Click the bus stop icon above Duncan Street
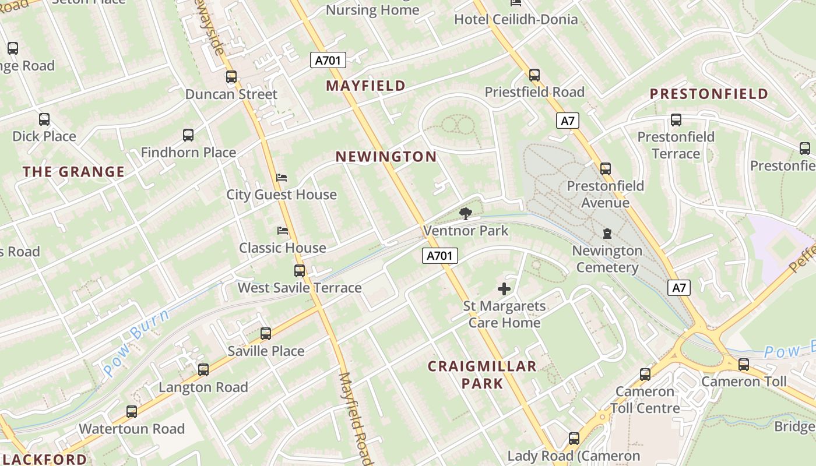click(231, 77)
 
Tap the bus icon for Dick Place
click(44, 119)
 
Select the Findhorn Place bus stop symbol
click(188, 135)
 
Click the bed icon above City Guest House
click(282, 177)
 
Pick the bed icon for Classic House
click(283, 231)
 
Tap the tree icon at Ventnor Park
click(465, 214)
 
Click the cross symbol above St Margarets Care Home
click(504, 288)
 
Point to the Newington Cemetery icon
click(607, 234)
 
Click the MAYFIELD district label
click(365, 86)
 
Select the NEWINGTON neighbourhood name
click(386, 157)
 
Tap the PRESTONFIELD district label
click(709, 94)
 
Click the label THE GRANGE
click(73, 172)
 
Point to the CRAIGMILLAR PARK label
click(482, 374)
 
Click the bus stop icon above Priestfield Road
click(534, 75)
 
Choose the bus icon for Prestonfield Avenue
click(606, 169)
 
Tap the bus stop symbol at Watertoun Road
click(132, 412)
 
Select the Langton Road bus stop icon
click(203, 370)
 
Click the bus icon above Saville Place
click(266, 334)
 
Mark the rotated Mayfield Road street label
click(354, 419)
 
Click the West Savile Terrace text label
click(300, 288)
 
